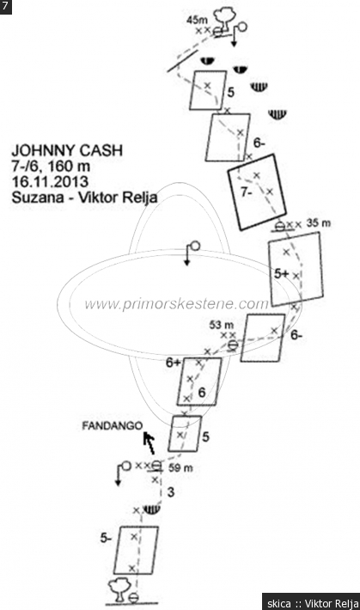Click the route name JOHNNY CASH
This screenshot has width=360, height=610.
(x=67, y=150)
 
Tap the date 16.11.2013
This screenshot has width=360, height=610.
(x=50, y=181)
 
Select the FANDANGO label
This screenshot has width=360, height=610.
(x=112, y=426)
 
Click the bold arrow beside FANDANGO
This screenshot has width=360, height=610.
(x=149, y=443)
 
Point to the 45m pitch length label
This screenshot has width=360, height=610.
(x=198, y=20)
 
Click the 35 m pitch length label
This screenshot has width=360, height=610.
(x=319, y=223)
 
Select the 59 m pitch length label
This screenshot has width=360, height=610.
(x=180, y=467)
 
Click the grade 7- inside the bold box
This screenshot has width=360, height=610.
(x=247, y=192)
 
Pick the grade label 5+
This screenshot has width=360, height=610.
(x=282, y=274)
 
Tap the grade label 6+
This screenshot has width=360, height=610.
(x=174, y=363)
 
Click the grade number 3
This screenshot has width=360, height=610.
(x=170, y=492)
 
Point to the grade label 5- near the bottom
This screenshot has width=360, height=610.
(x=106, y=538)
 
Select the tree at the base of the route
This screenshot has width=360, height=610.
(x=119, y=590)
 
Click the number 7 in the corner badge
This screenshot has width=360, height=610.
(x=4, y=6)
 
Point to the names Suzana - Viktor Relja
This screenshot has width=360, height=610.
(x=84, y=198)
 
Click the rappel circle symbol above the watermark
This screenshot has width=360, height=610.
(x=195, y=246)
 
